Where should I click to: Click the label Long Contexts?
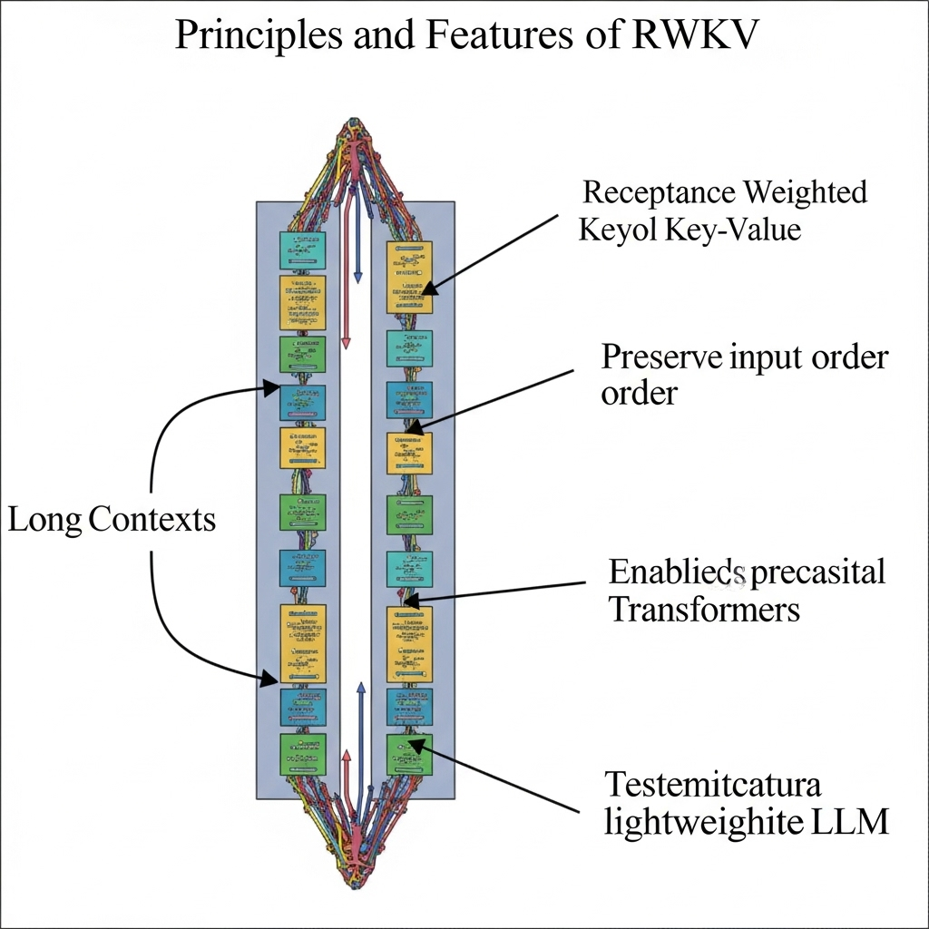pos(112,520)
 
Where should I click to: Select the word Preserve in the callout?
pos(660,357)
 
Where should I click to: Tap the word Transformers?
pos(704,609)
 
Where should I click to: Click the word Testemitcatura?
pos(712,783)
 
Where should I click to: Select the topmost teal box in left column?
pos(301,249)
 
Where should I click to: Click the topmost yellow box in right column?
pos(409,277)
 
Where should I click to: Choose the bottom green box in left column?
pos(301,753)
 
